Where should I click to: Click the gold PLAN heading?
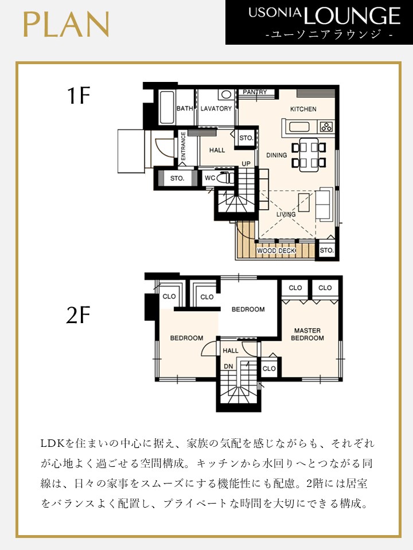tap(66, 24)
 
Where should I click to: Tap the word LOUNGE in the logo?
tap(352, 15)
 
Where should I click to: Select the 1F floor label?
tap(79, 96)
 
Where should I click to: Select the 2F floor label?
tap(78, 315)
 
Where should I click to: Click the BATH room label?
tap(185, 108)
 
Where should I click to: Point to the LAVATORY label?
tap(216, 109)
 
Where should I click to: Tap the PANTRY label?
tap(255, 92)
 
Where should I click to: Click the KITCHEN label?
tap(303, 109)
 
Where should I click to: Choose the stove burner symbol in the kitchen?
tap(326, 127)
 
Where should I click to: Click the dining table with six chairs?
tap(309, 155)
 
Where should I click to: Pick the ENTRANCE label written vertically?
tap(183, 146)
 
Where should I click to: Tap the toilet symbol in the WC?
tap(224, 178)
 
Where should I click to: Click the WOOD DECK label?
tap(276, 251)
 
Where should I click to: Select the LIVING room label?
tap(286, 214)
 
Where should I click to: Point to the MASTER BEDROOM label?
tap(307, 334)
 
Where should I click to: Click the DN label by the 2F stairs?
tap(228, 366)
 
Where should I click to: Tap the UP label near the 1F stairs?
tap(246, 164)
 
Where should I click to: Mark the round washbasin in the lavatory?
tap(226, 95)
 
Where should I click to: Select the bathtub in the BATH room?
tap(167, 107)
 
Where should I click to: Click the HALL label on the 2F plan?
tap(231, 351)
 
